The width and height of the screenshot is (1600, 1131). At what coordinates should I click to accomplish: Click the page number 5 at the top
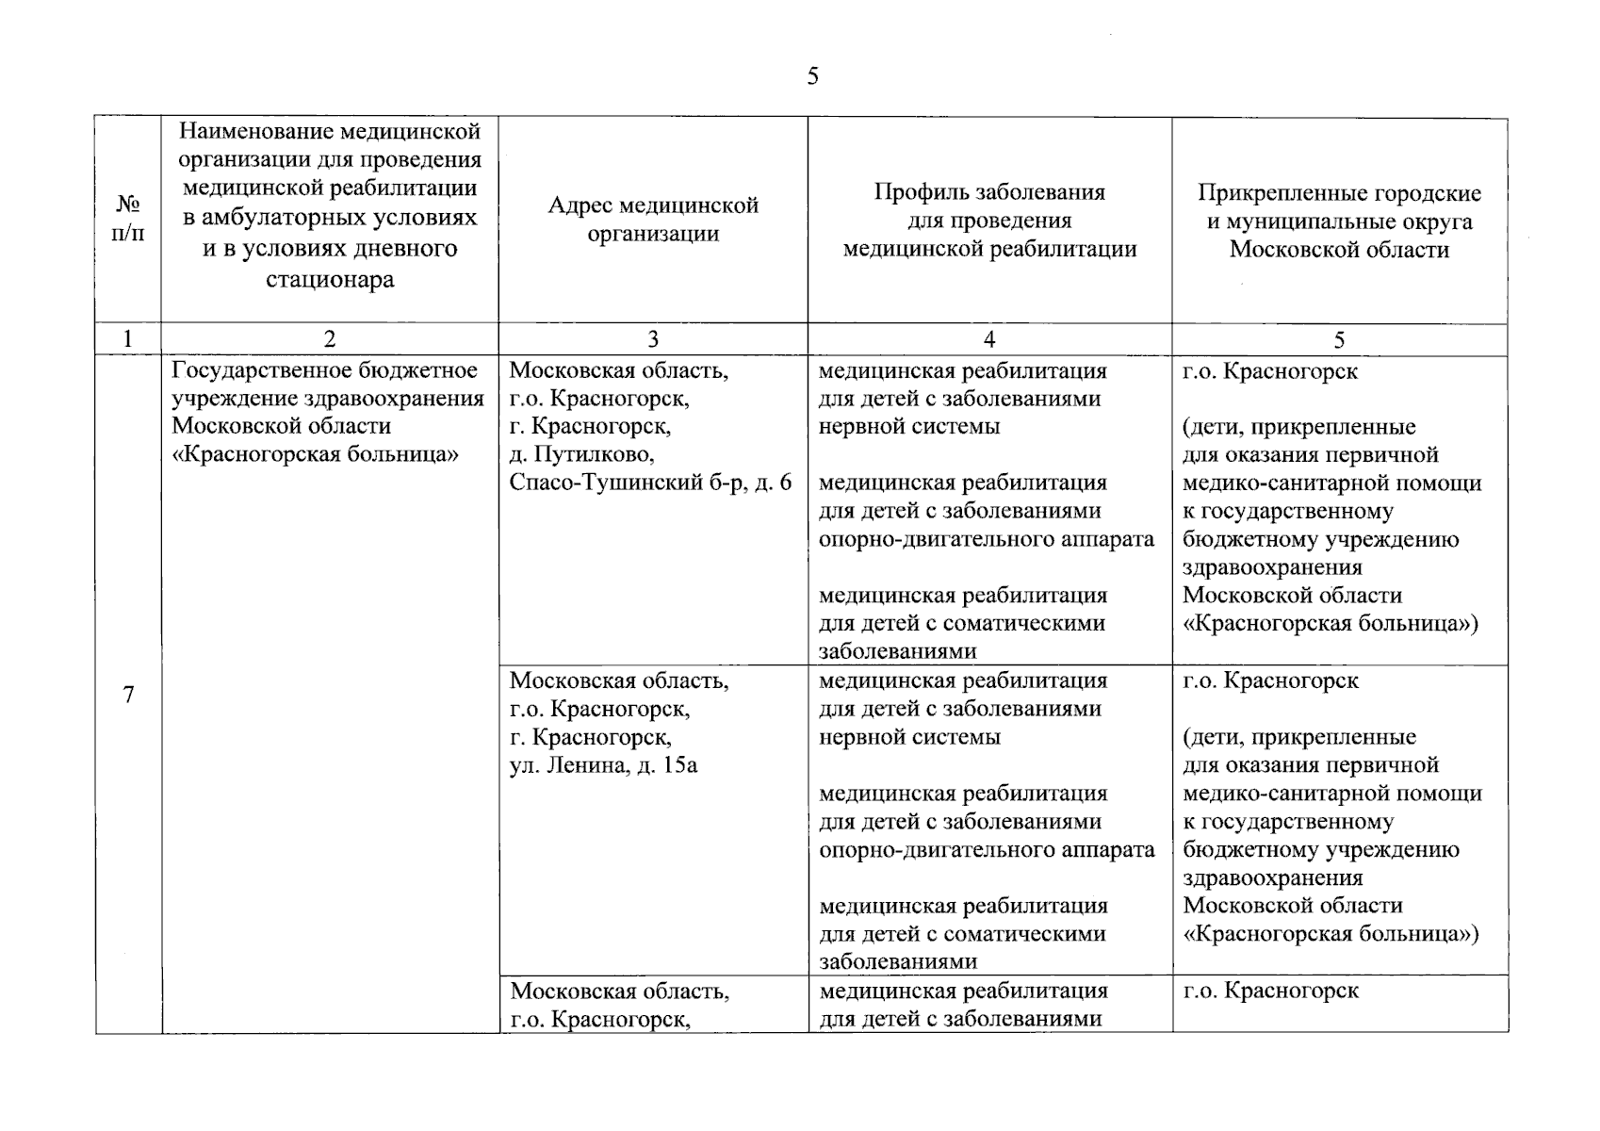click(x=812, y=76)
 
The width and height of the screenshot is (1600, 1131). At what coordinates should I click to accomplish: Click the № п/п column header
click(x=128, y=219)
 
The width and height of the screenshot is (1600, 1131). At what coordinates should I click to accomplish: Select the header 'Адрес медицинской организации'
click(x=653, y=220)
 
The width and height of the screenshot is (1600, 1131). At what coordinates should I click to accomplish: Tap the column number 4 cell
click(x=988, y=339)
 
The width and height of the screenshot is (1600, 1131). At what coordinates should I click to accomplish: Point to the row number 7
click(x=128, y=695)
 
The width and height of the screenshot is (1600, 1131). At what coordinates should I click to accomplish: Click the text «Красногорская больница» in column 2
click(x=316, y=454)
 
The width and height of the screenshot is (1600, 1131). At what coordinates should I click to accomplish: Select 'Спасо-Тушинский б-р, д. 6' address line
click(x=650, y=483)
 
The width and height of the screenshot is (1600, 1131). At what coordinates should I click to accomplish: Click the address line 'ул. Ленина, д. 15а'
click(x=603, y=765)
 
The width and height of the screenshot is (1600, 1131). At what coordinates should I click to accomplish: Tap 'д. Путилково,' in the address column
click(x=581, y=454)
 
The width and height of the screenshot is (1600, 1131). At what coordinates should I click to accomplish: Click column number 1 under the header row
click(x=128, y=339)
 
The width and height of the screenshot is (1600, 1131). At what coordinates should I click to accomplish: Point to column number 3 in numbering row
click(x=653, y=339)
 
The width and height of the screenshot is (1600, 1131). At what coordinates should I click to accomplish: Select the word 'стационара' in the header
click(x=329, y=280)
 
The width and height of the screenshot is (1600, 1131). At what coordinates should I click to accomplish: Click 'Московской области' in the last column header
click(x=1339, y=250)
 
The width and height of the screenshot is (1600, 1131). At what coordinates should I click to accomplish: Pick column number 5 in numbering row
click(x=1339, y=339)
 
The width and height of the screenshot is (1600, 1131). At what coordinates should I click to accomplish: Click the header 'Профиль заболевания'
click(x=989, y=192)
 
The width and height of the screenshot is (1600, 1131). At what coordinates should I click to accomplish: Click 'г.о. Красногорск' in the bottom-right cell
click(x=1270, y=991)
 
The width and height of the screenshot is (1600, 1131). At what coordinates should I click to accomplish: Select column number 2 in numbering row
click(x=329, y=339)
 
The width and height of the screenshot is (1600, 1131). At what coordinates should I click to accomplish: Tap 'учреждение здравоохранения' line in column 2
click(x=328, y=399)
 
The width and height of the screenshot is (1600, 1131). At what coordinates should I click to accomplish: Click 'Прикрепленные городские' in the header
click(x=1339, y=193)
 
